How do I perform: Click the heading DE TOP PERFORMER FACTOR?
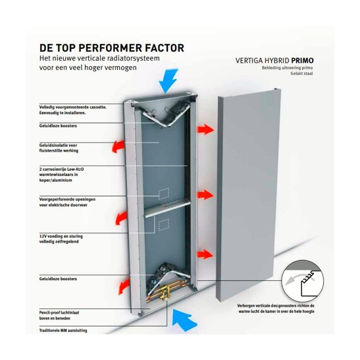[112, 48]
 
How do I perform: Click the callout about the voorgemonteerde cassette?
[73, 110]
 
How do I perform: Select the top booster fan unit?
[165, 113]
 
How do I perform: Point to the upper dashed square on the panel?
[164, 194]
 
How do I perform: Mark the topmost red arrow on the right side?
[205, 129]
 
